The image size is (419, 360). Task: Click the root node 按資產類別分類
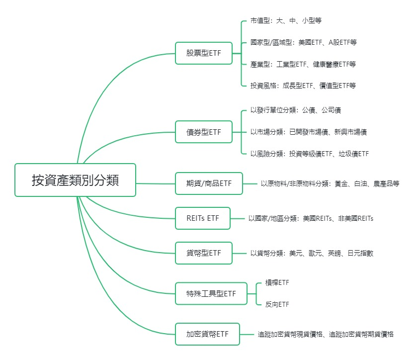click(x=75, y=180)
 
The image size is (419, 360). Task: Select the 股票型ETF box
click(x=204, y=53)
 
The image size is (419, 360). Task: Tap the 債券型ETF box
click(x=204, y=132)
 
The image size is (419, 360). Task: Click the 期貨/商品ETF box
click(x=209, y=183)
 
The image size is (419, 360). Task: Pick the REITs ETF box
click(x=203, y=218)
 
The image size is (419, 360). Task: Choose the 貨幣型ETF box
click(x=204, y=253)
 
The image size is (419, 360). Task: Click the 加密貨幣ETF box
click(x=207, y=334)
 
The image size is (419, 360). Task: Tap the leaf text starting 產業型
click(x=303, y=64)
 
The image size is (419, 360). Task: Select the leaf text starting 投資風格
click(x=303, y=86)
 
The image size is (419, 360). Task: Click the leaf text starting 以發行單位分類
click(x=295, y=110)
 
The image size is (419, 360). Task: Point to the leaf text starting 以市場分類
click(x=309, y=132)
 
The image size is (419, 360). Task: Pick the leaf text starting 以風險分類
click(x=310, y=154)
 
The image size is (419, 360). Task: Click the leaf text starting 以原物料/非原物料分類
click(x=330, y=183)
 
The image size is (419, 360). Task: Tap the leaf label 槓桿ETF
click(x=277, y=282)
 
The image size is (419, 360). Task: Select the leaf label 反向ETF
click(x=277, y=304)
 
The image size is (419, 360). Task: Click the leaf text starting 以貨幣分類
click(x=312, y=253)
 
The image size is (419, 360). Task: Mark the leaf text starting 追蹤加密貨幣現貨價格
click(x=326, y=334)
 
